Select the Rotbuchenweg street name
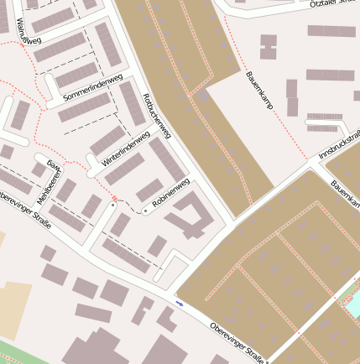tap(157, 116)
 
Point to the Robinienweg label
tap(170, 194)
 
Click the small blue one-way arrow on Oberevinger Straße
tap(180, 302)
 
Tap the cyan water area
tap(353, 302)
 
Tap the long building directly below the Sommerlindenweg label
tap(84, 107)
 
